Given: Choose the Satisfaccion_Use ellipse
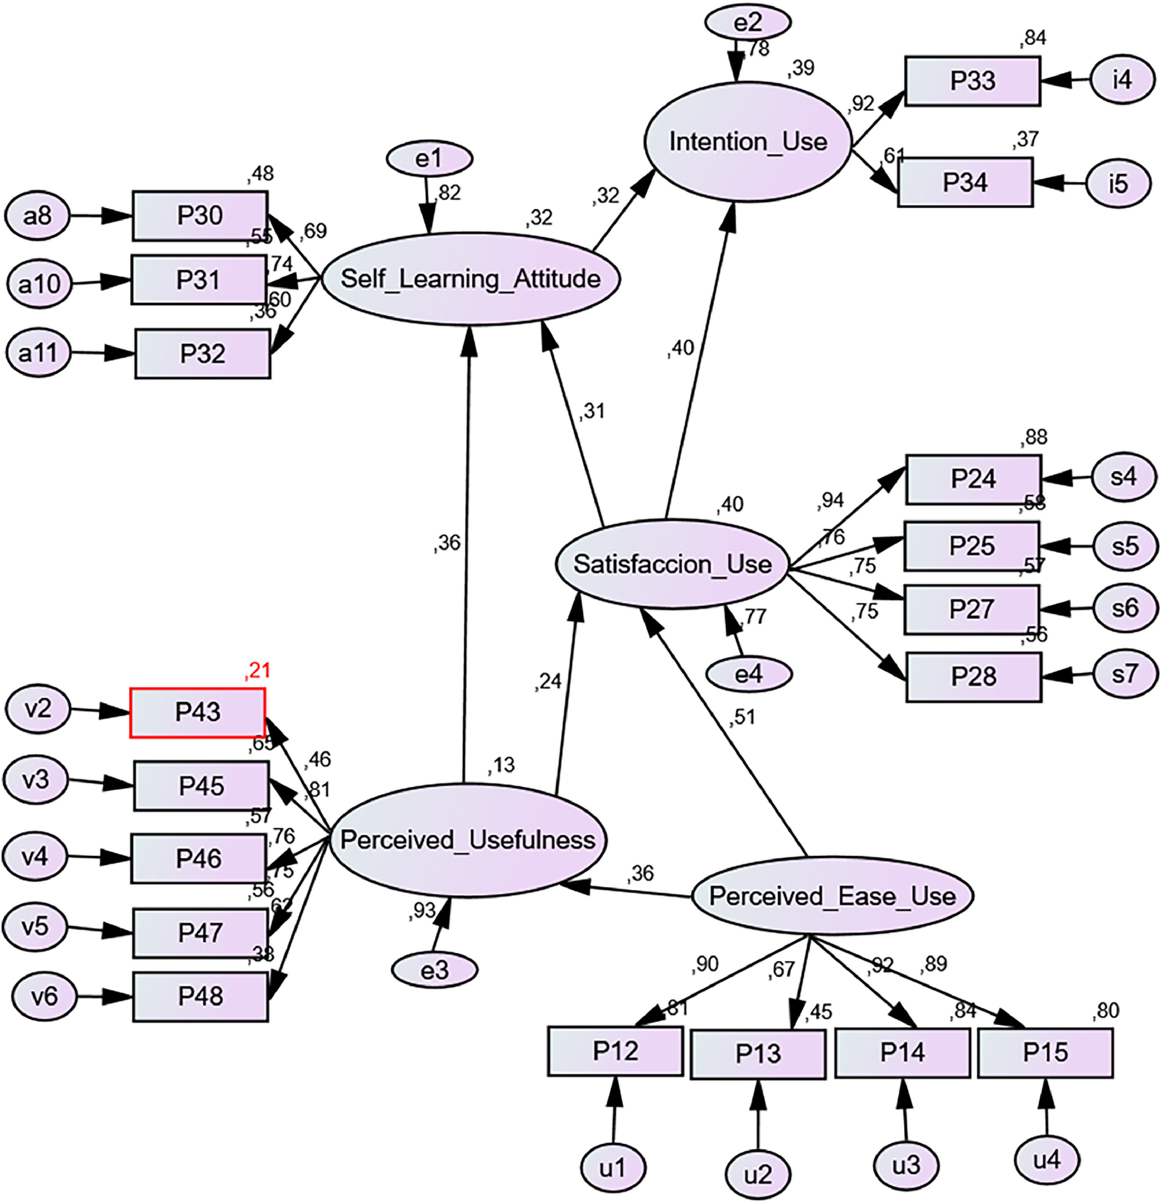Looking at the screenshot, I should pyautogui.click(x=672, y=564).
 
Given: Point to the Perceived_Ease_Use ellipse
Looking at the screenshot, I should pyautogui.click(x=832, y=896).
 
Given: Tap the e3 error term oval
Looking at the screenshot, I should pyautogui.click(x=434, y=971).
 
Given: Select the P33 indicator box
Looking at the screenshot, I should pyautogui.click(x=973, y=81).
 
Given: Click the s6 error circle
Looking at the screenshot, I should pyautogui.click(x=1125, y=608).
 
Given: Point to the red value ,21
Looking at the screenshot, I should pyautogui.click(x=257, y=670).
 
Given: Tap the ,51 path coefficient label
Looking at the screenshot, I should pyautogui.click(x=743, y=717).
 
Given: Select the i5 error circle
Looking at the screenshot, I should pyautogui.click(x=1118, y=183).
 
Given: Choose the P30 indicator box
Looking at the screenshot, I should pyautogui.click(x=200, y=215).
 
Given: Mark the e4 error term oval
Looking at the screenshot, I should pyautogui.click(x=748, y=674).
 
